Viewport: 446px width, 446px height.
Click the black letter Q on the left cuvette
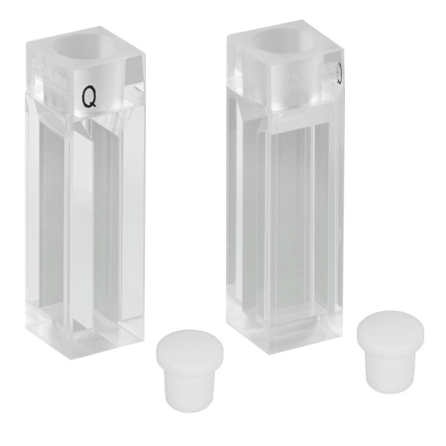point(89,97)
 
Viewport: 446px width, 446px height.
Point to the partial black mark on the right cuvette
point(339,72)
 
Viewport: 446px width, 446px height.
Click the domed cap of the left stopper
point(189,344)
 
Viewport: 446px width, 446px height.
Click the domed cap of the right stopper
point(390,326)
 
